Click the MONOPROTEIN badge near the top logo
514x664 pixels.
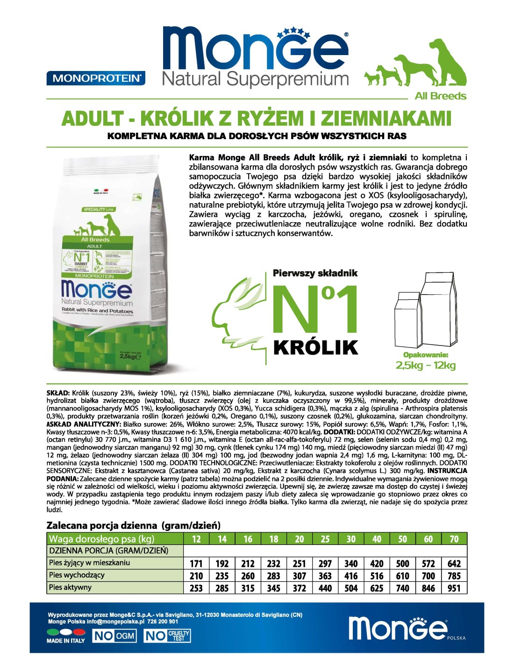pos(96,78)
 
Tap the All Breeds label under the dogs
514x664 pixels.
pos(440,96)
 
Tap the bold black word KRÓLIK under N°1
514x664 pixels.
pos(316,348)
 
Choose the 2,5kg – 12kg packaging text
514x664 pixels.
pos(425,366)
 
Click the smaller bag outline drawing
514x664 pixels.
pos(407,320)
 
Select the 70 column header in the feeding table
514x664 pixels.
pos(454,539)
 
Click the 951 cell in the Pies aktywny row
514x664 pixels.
pos(454,588)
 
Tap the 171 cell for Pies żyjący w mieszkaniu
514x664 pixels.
pos(196,564)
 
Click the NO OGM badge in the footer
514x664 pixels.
pos(114,636)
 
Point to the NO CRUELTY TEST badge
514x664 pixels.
pos(167,636)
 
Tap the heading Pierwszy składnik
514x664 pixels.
pos(315,273)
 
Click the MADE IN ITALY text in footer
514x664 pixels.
pos(66,641)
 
